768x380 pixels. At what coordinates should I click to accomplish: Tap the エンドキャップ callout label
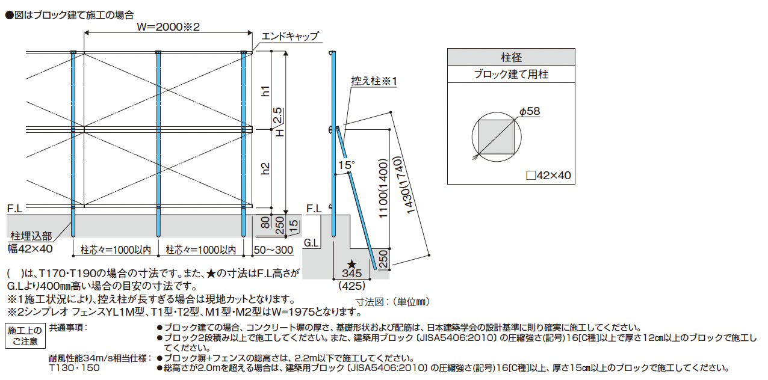point(289,37)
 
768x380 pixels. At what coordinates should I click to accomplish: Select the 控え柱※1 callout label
point(375,81)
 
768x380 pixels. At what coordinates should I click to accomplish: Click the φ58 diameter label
point(529,111)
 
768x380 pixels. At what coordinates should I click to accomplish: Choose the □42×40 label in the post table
point(548,176)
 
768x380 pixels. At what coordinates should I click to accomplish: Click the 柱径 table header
point(511,58)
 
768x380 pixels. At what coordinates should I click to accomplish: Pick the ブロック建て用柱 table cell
point(511,75)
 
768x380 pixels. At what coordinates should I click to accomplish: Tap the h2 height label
point(265,169)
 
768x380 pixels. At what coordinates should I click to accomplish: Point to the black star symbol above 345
point(351,263)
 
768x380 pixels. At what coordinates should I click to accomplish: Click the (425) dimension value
point(352,285)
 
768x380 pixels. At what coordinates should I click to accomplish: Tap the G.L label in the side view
point(312,244)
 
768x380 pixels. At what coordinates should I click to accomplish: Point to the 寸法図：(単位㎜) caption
point(393,301)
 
